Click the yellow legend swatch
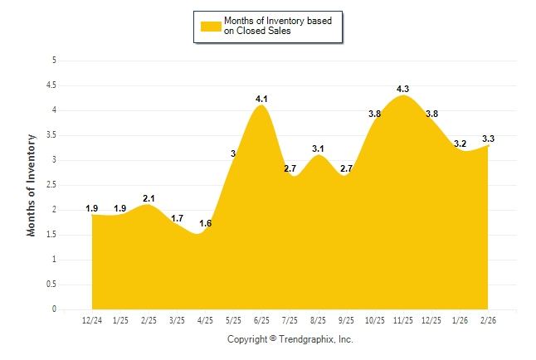tap(211, 26)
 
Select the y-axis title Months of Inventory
tap(32, 185)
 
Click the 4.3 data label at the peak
tap(403, 89)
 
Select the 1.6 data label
tap(205, 224)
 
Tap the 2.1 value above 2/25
tap(149, 198)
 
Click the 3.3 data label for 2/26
tap(489, 139)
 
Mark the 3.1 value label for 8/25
tap(319, 148)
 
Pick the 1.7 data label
tap(177, 218)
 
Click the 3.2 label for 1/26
tap(460, 144)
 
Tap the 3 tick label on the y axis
tap(54, 160)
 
